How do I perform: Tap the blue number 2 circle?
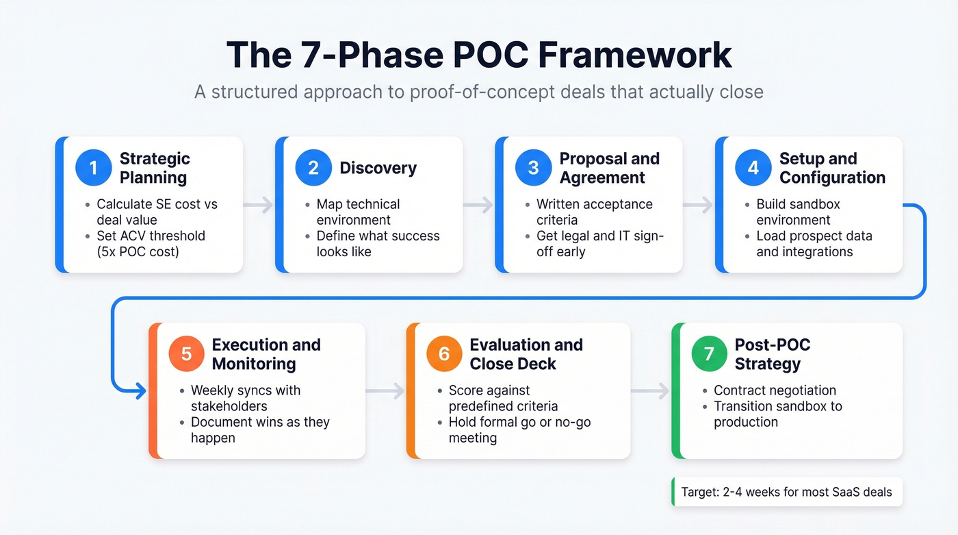coord(313,169)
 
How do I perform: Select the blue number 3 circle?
coord(532,169)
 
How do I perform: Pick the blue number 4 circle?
coord(753,169)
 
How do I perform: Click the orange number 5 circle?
coord(186,354)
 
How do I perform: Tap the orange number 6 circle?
coord(444,354)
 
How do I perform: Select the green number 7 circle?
coord(709,354)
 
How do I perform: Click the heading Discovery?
coord(378,169)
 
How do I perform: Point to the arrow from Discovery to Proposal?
coord(478,204)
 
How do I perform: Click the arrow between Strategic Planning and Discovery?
coord(258,204)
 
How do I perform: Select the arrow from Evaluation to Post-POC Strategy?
coord(651,391)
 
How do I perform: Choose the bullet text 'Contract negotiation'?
coord(775,390)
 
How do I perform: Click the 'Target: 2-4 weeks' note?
coord(786,492)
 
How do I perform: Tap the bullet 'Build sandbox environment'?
coord(798,212)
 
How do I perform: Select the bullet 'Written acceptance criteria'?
coord(594,212)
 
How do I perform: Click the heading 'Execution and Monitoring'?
coord(266,354)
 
